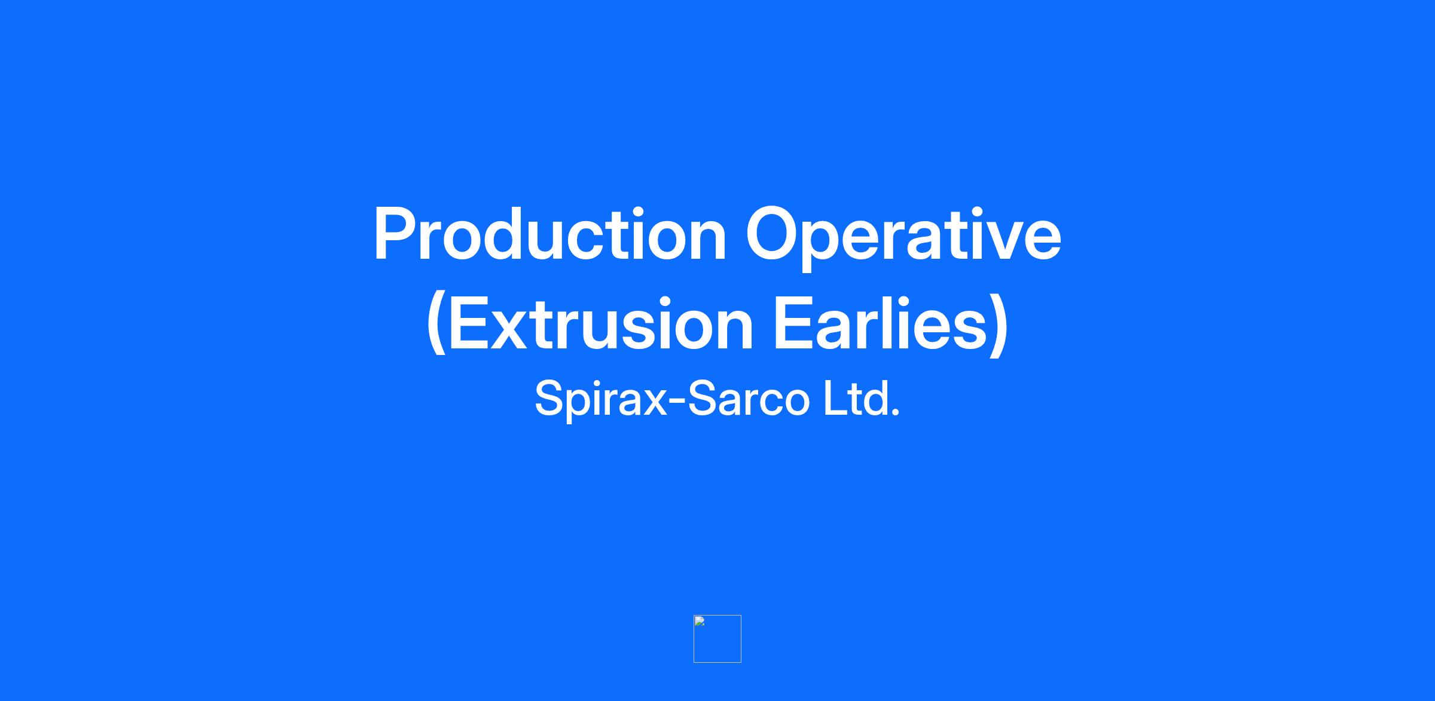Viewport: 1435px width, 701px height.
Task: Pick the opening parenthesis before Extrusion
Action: pyautogui.click(x=436, y=325)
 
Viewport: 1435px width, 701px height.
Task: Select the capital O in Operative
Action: pyautogui.click(x=773, y=234)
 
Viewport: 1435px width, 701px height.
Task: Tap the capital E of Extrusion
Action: pyautogui.click(x=469, y=323)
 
